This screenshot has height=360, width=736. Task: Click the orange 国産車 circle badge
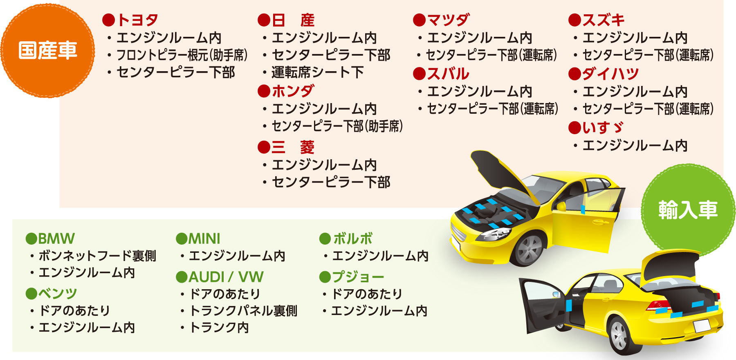(47, 51)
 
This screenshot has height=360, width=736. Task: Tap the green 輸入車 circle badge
(688, 210)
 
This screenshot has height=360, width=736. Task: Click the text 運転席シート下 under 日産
(317, 72)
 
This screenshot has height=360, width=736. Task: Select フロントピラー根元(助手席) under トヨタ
(182, 55)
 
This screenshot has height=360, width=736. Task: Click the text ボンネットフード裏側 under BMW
(97, 256)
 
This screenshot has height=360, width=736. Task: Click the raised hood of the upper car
(501, 170)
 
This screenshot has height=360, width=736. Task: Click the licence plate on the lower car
(702, 326)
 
